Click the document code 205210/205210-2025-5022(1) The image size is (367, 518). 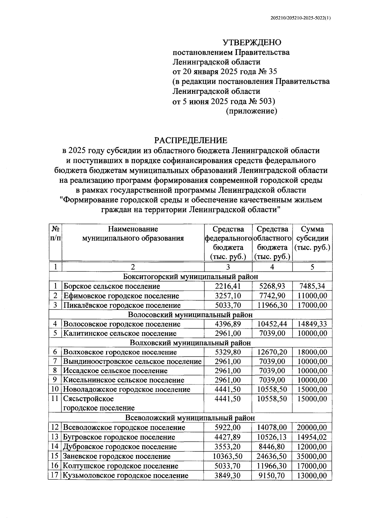(x=301, y=18)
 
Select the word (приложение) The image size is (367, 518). (x=251, y=111)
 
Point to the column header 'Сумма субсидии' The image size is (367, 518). (x=312, y=238)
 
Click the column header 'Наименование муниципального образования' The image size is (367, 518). (x=133, y=233)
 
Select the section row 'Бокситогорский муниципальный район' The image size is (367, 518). (x=190, y=277)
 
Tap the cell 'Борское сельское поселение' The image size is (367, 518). (x=112, y=286)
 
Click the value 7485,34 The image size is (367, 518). (x=312, y=286)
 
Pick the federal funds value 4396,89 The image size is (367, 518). (x=228, y=324)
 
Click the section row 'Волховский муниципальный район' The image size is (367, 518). (x=190, y=343)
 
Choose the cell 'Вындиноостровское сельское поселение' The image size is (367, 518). (x=132, y=362)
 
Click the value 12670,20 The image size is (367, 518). (x=272, y=352)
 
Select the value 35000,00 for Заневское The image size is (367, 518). (x=312, y=456)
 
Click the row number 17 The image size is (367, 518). (x=55, y=475)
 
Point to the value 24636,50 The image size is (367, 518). (x=272, y=456)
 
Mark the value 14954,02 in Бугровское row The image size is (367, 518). (x=312, y=437)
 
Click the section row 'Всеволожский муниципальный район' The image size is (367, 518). (x=190, y=418)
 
